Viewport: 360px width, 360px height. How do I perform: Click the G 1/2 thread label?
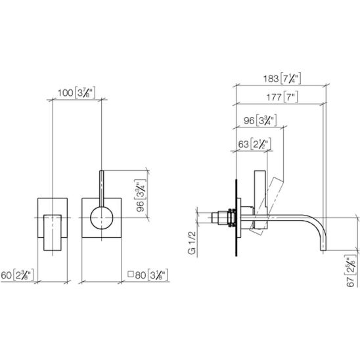tap(192, 242)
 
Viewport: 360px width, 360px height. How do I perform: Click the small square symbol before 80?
tap(131, 274)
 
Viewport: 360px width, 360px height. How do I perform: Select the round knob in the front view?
tap(101, 217)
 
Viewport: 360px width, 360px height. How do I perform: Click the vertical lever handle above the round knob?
tap(101, 189)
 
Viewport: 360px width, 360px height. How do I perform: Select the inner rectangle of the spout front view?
tap(53, 233)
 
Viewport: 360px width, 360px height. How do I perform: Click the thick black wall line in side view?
tap(236, 217)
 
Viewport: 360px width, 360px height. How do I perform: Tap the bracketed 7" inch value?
tap(290, 97)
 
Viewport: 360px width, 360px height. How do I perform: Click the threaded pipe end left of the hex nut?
tap(215, 217)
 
